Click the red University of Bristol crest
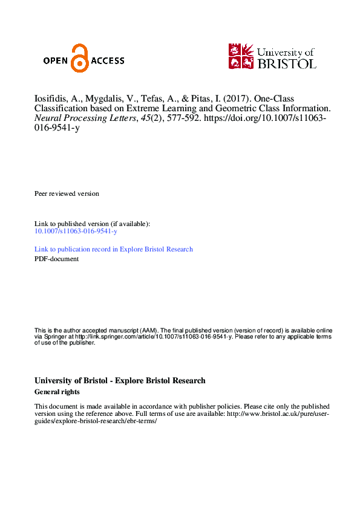(240, 56)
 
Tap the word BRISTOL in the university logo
(287, 63)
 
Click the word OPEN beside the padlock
(56, 60)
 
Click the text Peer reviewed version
(67, 193)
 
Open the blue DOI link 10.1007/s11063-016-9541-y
(76, 232)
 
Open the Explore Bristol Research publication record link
(114, 249)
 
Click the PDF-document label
(56, 259)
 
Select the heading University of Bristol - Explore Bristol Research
(120, 381)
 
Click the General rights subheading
(57, 392)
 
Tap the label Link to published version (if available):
(92, 224)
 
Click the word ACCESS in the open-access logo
(107, 60)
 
